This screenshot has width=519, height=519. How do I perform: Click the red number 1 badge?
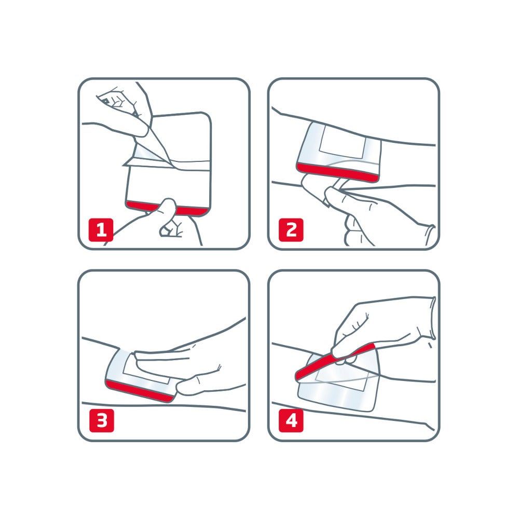(101, 230)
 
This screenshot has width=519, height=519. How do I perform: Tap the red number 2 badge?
(291, 230)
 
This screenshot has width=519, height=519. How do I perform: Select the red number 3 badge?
(101, 421)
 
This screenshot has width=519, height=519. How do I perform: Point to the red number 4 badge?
(291, 421)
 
